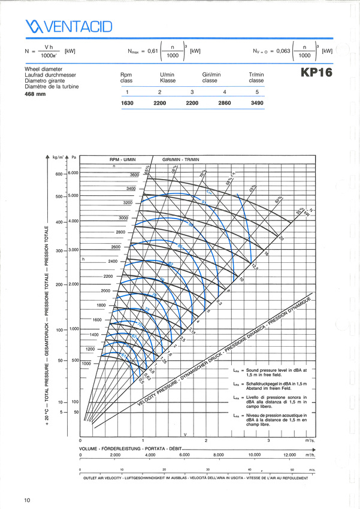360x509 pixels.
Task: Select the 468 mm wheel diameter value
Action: [35, 94]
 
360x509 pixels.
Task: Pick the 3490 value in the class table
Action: [256, 103]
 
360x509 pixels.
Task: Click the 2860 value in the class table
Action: [224, 103]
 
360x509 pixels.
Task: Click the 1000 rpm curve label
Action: [87, 363]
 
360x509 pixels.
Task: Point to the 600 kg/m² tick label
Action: [59, 174]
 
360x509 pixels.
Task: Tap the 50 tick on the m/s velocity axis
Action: [292, 469]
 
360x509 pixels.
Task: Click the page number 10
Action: [28, 499]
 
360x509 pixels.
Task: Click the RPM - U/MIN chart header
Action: [124, 160]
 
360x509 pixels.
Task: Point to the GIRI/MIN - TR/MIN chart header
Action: [180, 160]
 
